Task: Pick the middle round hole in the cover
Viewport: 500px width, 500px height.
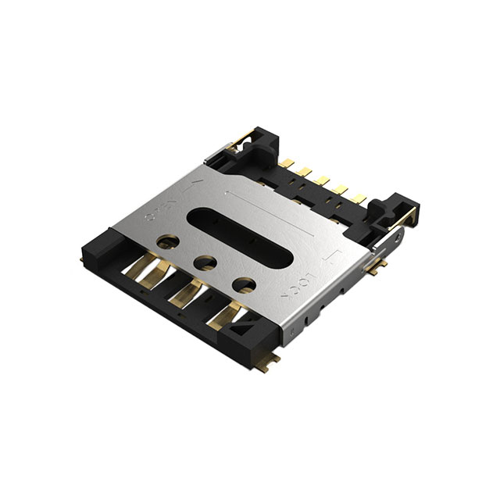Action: click(206, 263)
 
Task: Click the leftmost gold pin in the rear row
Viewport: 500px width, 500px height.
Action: click(288, 164)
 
